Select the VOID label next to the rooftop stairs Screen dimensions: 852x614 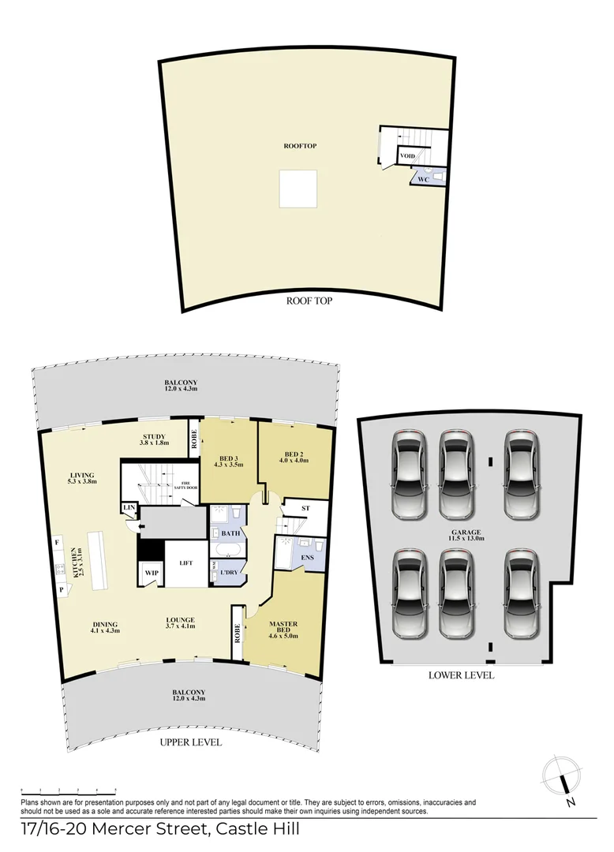click(407, 156)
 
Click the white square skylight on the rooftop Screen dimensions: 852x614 click(298, 189)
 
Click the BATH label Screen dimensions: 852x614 click(230, 534)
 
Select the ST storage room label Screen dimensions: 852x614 click(305, 509)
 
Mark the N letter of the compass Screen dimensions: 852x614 click(570, 803)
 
